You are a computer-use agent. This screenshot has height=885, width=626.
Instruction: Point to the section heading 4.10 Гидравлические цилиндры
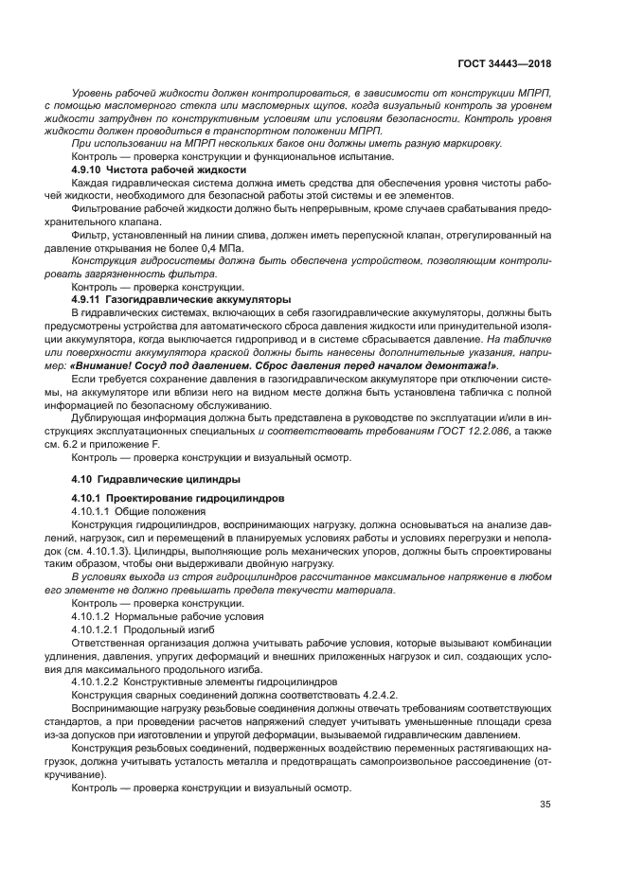pyautogui.click(x=155, y=479)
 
